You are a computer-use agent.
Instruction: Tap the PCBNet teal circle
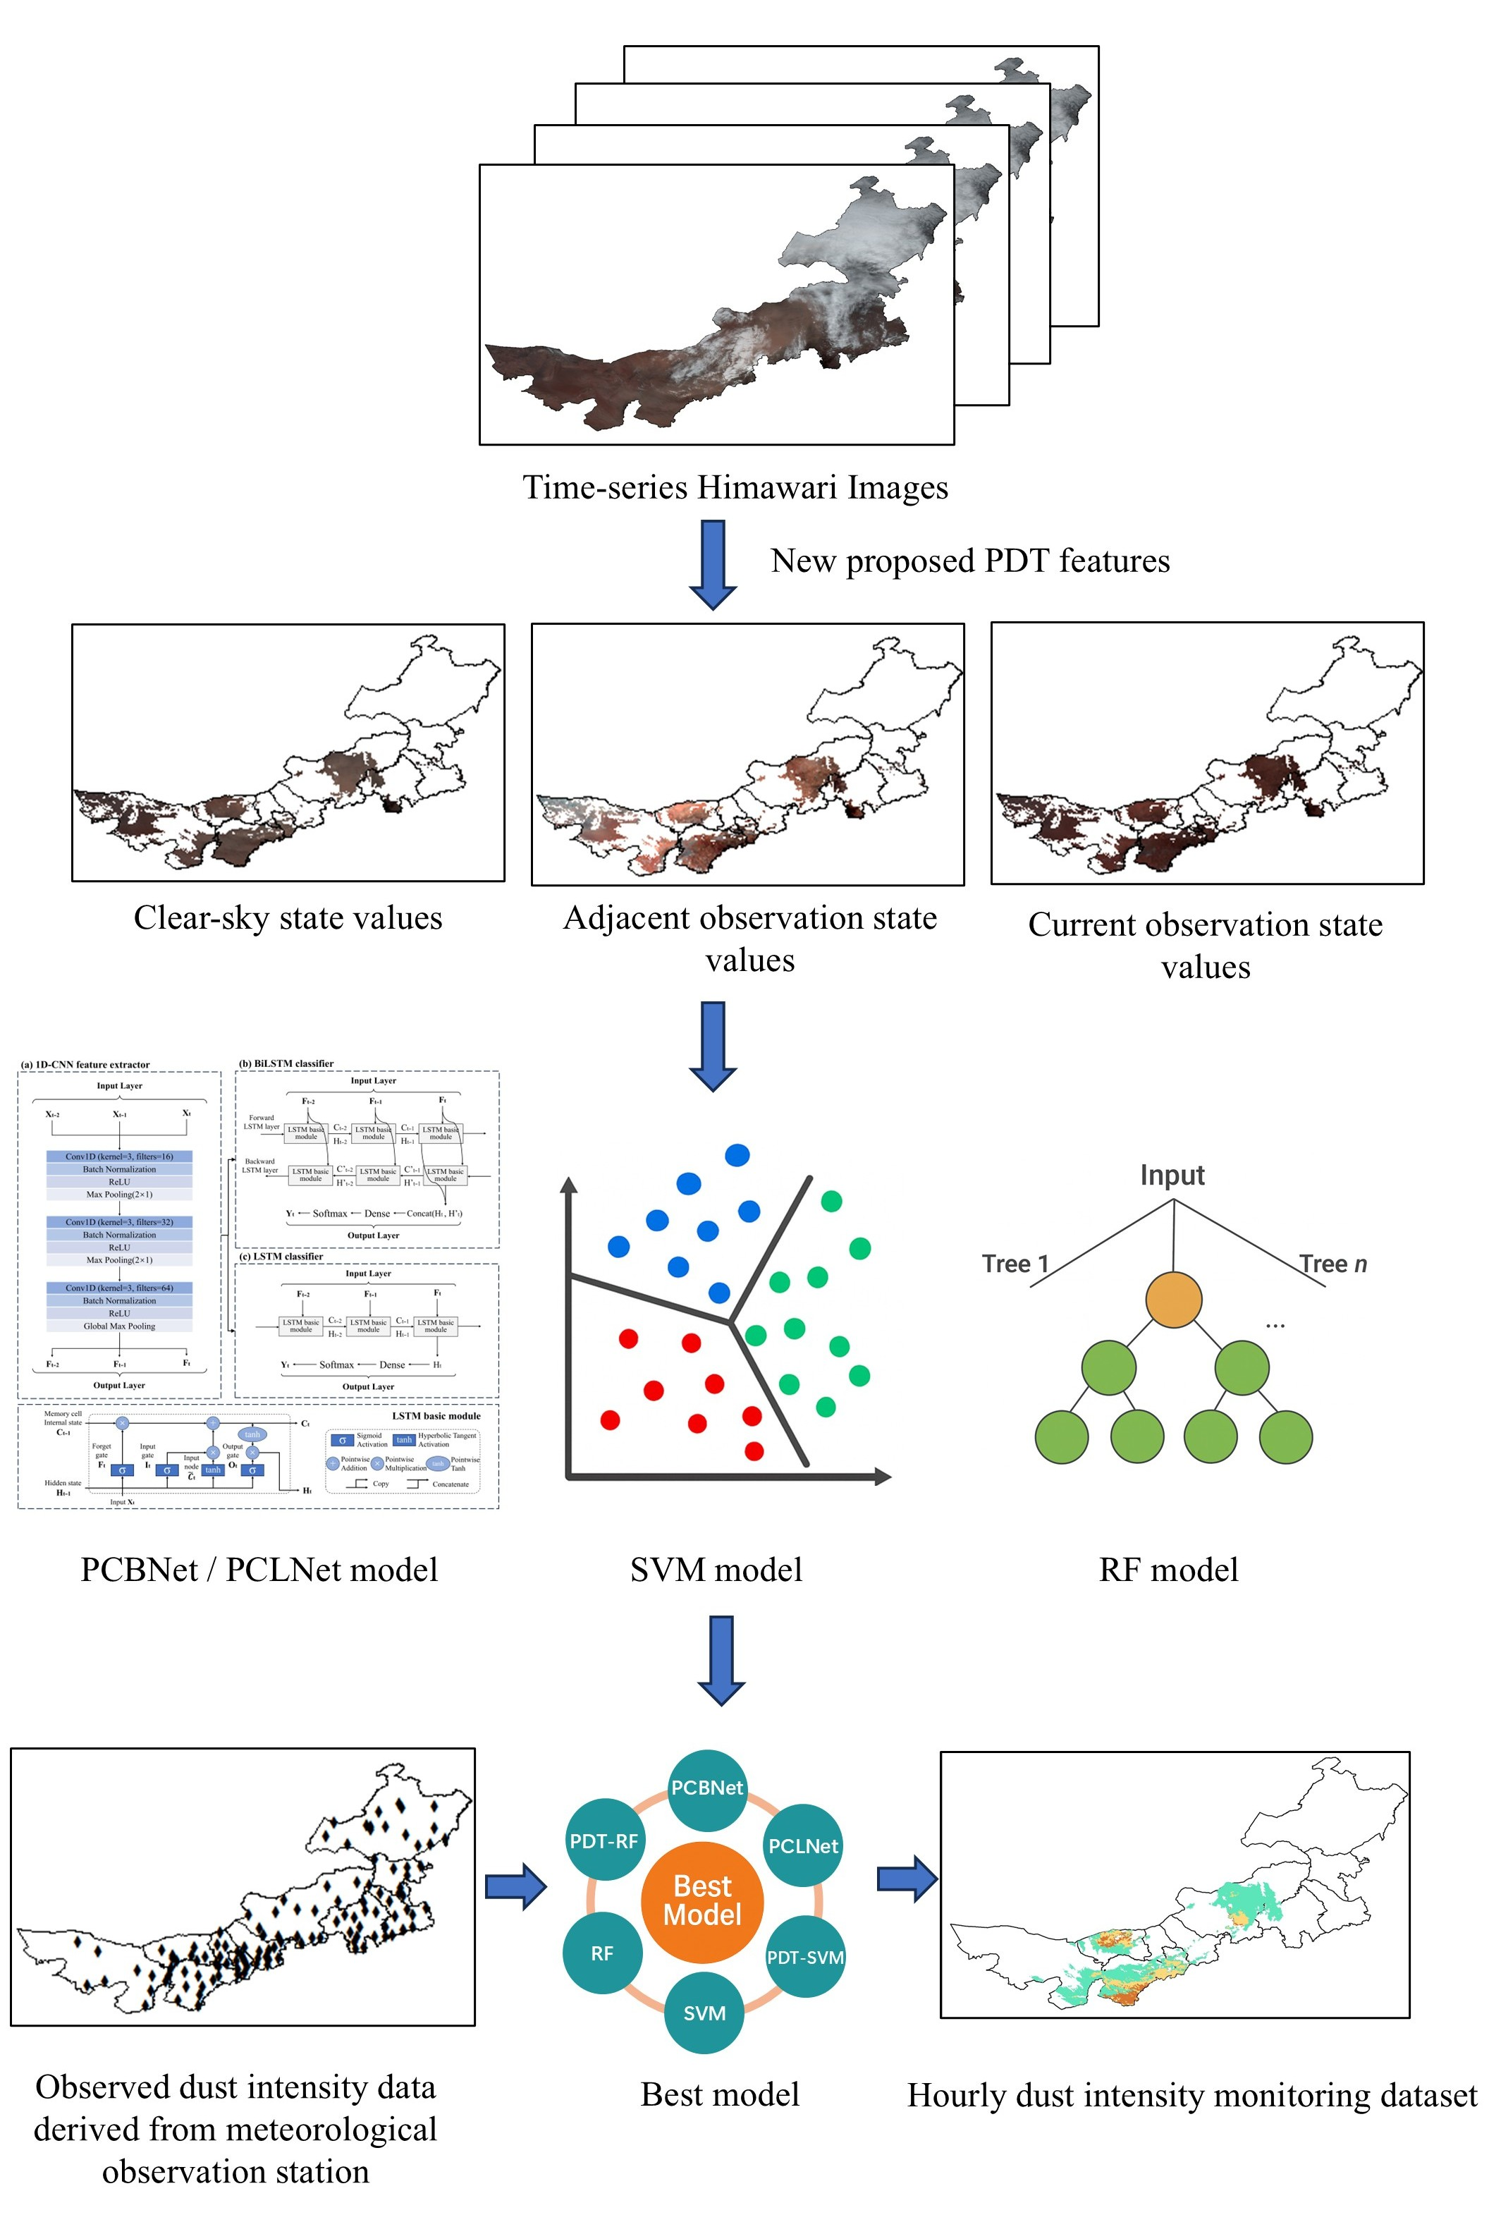706,1788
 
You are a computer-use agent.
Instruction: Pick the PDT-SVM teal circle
805,1957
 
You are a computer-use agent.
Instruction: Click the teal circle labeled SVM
704,2013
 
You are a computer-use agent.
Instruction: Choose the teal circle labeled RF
602,1953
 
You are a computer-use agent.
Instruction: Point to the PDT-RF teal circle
604,1841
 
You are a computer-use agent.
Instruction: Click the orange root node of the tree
1174,1300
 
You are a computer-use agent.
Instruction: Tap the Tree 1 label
1015,1264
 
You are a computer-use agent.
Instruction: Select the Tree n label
1333,1264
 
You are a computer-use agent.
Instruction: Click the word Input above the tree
1172,1176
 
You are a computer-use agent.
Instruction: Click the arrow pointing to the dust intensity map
907,1879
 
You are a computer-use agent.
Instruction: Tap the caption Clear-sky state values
288,918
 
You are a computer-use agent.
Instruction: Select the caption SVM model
716,1570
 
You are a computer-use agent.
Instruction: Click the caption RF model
1168,1570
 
